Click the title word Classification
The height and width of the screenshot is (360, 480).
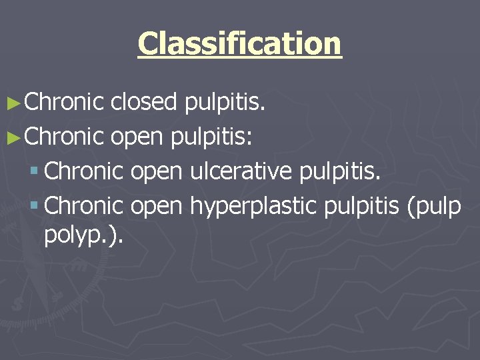coord(239,44)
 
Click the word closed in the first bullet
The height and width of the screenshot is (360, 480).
coord(144,102)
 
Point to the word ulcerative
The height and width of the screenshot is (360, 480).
coord(241,171)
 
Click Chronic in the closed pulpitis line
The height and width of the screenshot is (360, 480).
coord(64,102)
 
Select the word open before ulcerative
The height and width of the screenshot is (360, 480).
coord(156,171)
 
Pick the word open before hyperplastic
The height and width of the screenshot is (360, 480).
coord(156,206)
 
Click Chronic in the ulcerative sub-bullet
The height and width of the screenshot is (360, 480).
coord(85,171)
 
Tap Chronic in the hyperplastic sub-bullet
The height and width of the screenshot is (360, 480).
coord(85,206)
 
